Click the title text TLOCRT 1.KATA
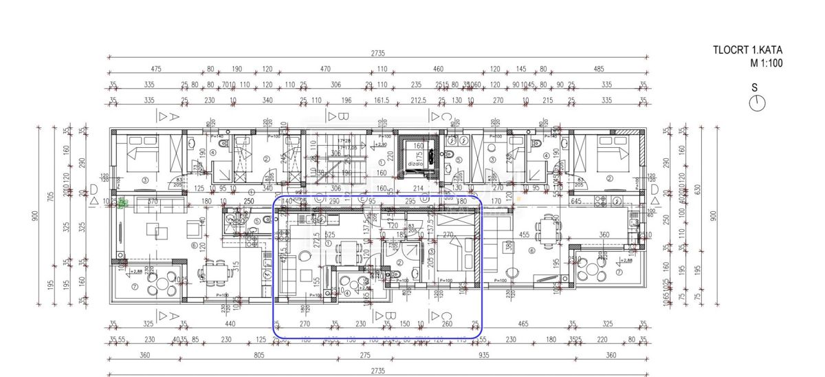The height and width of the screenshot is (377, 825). point(748,50)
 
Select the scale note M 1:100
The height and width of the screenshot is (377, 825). point(766,63)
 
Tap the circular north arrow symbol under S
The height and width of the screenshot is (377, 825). point(758,103)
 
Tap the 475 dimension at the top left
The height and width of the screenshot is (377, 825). point(156,69)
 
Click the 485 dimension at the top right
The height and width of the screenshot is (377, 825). point(598,69)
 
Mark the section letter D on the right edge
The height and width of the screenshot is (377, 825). point(654,189)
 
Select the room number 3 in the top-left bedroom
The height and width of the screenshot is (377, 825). point(145,180)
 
